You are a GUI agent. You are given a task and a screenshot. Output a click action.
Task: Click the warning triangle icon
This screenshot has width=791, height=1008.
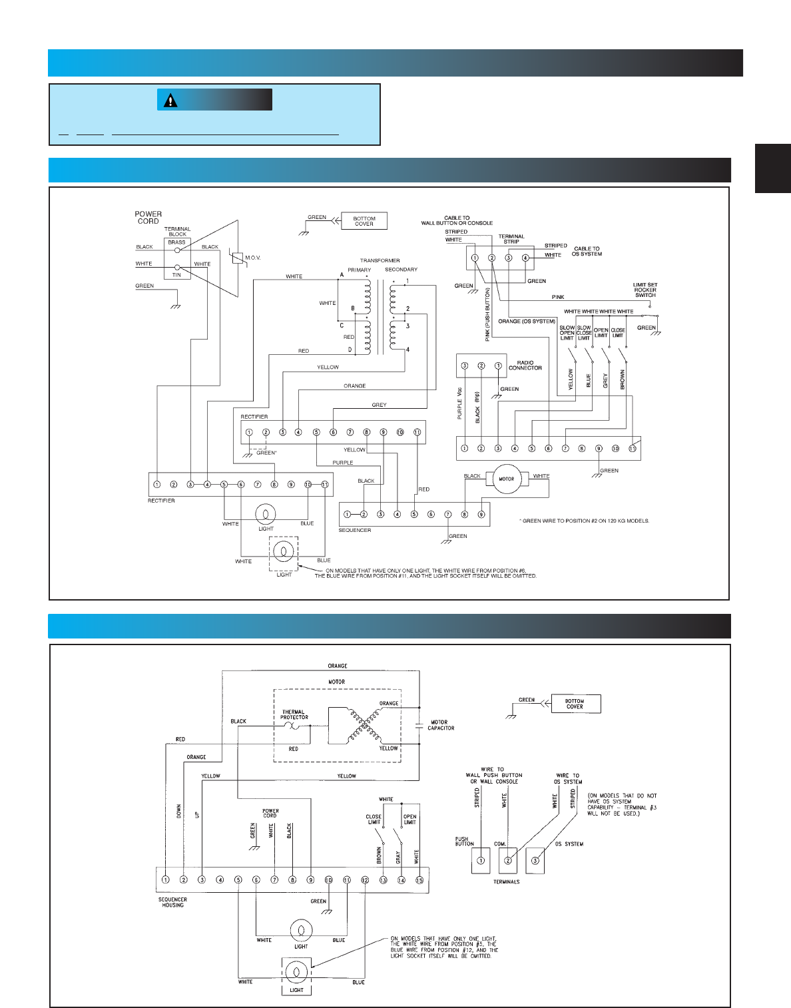171,101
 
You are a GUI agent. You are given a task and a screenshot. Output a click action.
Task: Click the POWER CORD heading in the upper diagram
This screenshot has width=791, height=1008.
148,218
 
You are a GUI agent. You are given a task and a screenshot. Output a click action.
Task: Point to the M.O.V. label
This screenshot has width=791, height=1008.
253,258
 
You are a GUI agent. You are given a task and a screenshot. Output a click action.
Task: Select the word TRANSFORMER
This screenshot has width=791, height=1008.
380,261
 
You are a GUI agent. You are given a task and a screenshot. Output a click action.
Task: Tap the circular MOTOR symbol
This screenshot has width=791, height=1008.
507,479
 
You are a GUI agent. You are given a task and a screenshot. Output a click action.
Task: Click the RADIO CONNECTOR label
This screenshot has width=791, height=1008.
525,366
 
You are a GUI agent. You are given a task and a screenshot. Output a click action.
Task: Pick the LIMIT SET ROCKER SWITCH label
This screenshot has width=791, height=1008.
645,290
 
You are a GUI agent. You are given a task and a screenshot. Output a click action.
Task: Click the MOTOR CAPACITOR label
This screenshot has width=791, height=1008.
440,725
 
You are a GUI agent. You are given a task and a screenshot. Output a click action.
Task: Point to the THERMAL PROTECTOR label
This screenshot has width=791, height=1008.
294,714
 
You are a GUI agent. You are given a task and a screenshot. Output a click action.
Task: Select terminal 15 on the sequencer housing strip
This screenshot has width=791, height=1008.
419,880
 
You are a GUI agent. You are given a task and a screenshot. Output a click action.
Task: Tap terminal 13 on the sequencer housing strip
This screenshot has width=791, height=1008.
383,880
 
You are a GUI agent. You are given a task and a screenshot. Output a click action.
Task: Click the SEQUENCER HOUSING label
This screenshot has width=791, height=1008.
172,902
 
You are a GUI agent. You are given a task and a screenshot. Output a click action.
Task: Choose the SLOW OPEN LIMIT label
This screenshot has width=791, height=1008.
567,333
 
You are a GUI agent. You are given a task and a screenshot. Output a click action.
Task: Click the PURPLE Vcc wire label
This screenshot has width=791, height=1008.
459,405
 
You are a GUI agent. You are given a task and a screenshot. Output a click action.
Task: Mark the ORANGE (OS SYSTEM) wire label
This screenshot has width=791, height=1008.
527,322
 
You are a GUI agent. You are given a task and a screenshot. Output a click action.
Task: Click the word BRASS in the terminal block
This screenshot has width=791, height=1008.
176,242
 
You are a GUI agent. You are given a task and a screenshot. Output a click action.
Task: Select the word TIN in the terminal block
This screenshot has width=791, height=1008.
176,275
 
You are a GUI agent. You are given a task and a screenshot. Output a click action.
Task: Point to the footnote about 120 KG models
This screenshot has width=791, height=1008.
584,521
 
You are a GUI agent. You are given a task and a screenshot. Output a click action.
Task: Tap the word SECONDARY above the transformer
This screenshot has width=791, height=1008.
401,270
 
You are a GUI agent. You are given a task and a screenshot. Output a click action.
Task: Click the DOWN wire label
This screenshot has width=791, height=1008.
178,811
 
